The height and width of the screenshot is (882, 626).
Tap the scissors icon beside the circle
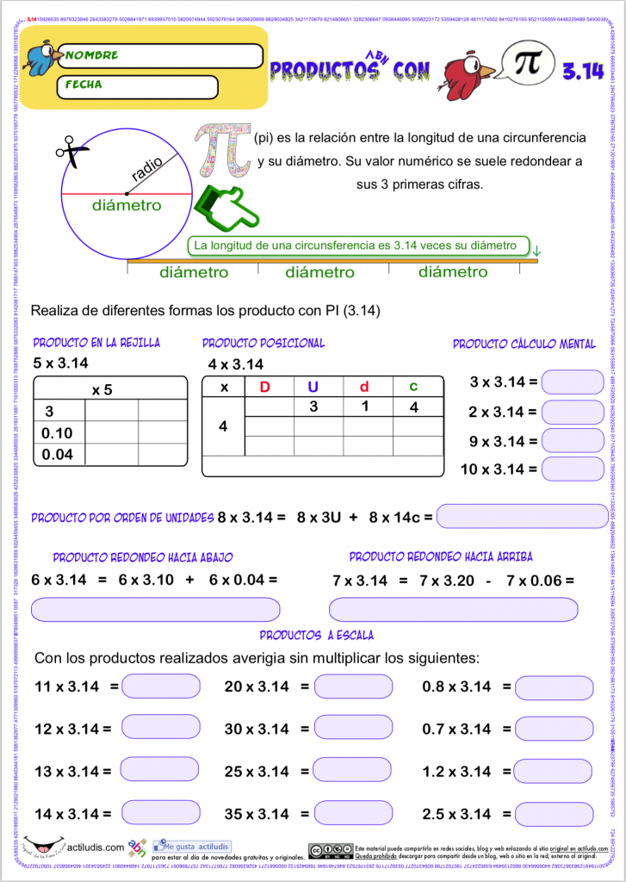point(73,153)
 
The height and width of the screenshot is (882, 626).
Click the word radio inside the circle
point(149,169)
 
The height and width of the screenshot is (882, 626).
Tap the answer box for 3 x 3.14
point(573,381)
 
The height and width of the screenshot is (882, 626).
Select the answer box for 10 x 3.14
point(573,469)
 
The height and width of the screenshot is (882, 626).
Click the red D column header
point(265,387)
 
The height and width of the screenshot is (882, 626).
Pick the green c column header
point(413,387)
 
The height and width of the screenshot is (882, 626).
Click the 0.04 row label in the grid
point(58,453)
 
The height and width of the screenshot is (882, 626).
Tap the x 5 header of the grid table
point(102,389)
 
